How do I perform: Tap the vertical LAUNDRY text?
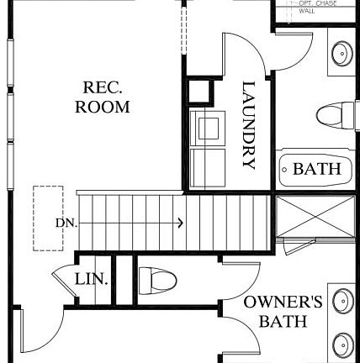[x=248, y=124]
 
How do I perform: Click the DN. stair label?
[x=66, y=223]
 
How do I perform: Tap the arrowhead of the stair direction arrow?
[x=180, y=223]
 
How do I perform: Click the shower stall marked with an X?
[x=315, y=214]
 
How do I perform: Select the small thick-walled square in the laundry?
[x=202, y=92]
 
